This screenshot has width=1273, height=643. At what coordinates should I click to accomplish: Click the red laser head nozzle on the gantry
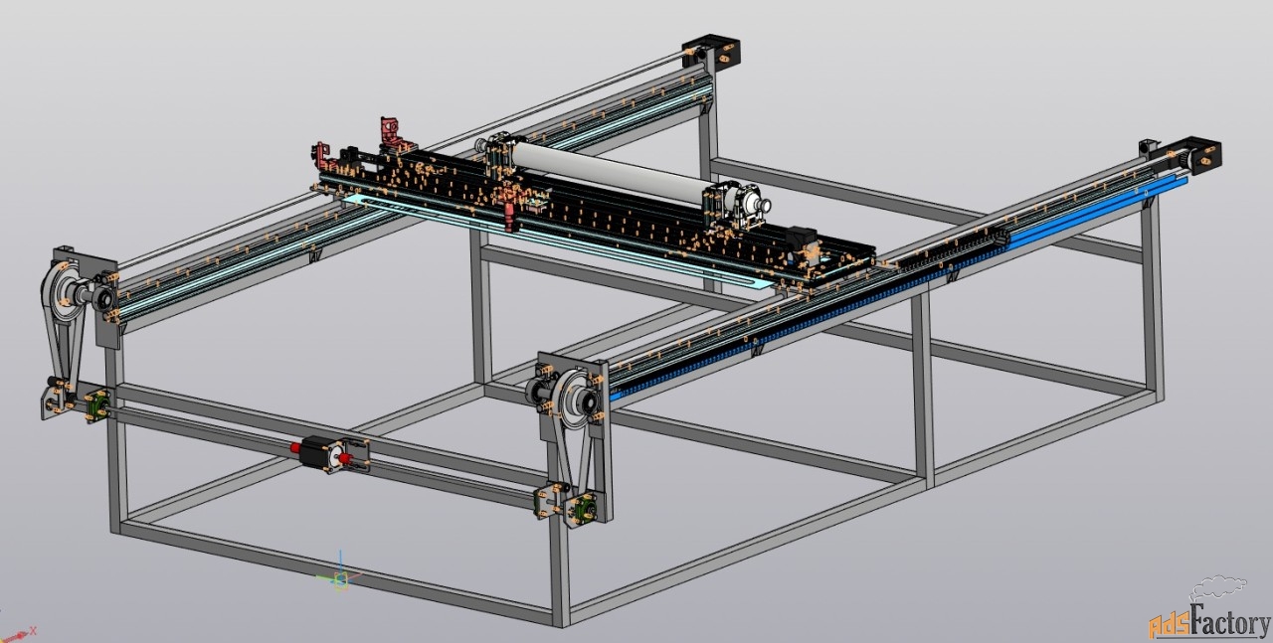click(x=510, y=218)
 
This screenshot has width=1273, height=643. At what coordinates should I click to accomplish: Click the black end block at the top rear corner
click(x=711, y=53)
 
